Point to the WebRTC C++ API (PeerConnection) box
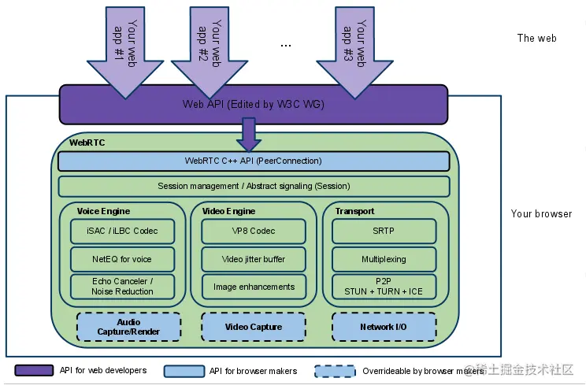click(x=254, y=161)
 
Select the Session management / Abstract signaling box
click(x=254, y=186)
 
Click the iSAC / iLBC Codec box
click(x=122, y=231)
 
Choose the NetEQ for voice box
click(x=122, y=259)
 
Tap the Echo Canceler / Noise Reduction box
click(x=122, y=287)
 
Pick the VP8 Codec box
click(x=254, y=231)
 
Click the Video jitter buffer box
click(x=254, y=259)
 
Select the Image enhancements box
click(x=254, y=287)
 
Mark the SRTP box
click(x=384, y=231)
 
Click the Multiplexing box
click(x=384, y=259)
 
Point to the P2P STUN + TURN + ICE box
click(x=384, y=287)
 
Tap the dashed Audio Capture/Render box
click(x=128, y=327)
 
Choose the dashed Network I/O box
click(x=384, y=327)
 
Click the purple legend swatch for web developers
click(x=34, y=370)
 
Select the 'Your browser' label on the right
click(x=541, y=213)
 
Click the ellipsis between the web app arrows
click(x=286, y=46)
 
